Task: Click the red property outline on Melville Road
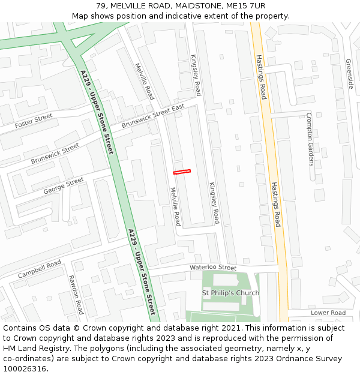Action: point(182,172)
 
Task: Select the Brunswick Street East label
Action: point(152,116)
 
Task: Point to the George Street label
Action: point(64,185)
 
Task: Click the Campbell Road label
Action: point(40,269)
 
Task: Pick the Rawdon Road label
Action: point(75,295)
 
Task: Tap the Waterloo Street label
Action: point(213,268)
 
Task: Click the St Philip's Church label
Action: point(230,293)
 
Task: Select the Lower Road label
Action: point(328,313)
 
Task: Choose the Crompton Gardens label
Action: point(310,139)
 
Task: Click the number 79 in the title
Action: point(101,5)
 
